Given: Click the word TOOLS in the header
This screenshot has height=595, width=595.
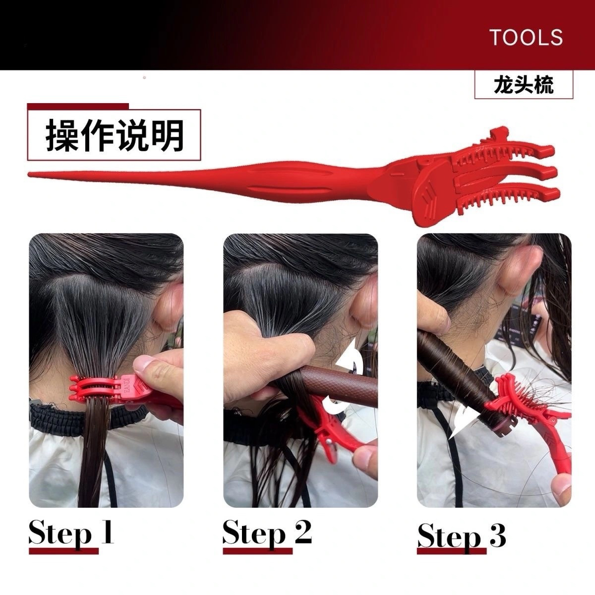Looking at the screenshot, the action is [526, 37].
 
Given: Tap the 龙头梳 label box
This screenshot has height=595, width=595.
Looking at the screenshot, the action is [524, 84].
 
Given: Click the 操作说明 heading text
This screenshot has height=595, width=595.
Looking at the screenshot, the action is [115, 135].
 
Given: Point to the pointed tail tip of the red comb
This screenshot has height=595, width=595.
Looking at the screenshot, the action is [29, 175].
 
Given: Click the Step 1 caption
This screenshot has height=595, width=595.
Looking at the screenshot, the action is [71, 533].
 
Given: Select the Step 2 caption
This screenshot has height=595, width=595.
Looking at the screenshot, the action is [267, 533].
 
